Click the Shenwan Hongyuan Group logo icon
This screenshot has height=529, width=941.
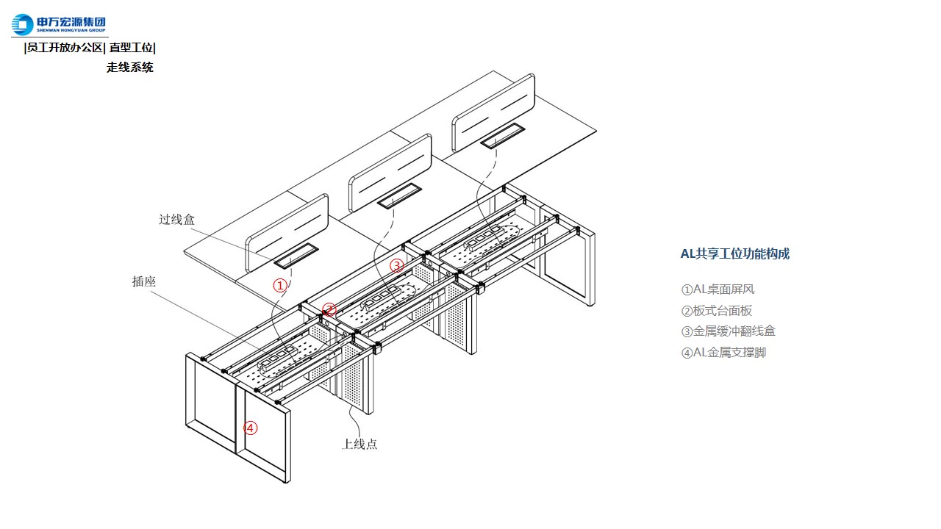point(22,25)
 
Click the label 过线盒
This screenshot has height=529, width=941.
point(177,219)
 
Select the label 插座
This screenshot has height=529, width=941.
point(144,281)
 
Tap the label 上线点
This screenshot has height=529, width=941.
point(359,444)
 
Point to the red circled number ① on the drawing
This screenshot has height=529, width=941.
point(279,286)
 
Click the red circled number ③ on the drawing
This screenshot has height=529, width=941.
point(397,265)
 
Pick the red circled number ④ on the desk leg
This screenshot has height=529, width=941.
point(251,428)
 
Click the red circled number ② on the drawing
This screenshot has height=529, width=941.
point(329,310)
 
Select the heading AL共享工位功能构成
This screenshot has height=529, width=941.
point(734,254)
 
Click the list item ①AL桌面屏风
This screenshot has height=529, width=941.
point(718,289)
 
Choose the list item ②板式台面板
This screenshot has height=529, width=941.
point(717,311)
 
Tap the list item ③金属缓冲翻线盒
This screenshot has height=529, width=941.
point(728,331)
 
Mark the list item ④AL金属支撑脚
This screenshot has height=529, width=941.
point(723,353)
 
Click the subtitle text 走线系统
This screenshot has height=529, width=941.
point(130,68)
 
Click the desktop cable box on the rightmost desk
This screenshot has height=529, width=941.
point(501,137)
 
